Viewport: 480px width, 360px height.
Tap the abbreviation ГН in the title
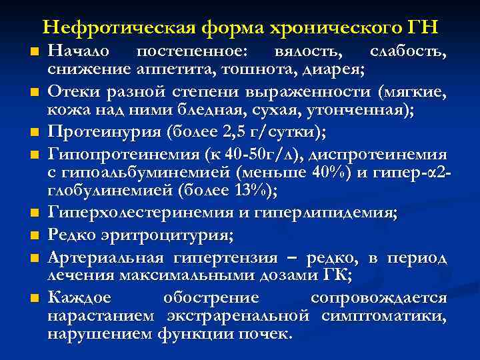421,28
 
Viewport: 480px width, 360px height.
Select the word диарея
333,68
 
